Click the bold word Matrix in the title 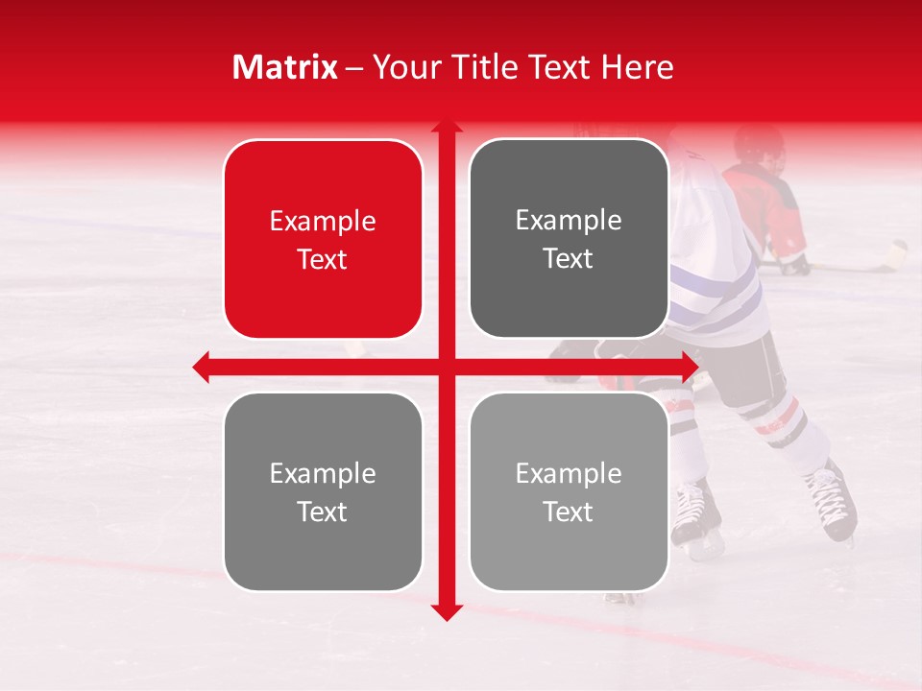click(x=285, y=67)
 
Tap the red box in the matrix click(x=323, y=239)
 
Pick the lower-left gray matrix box click(x=323, y=491)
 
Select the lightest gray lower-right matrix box click(x=569, y=491)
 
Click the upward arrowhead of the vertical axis click(x=447, y=128)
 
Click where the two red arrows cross click(x=447, y=367)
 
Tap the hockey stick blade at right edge click(x=895, y=253)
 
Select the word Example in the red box click(x=323, y=221)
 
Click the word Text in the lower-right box click(x=569, y=512)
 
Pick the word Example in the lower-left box click(x=323, y=473)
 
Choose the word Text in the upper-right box click(x=569, y=258)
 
